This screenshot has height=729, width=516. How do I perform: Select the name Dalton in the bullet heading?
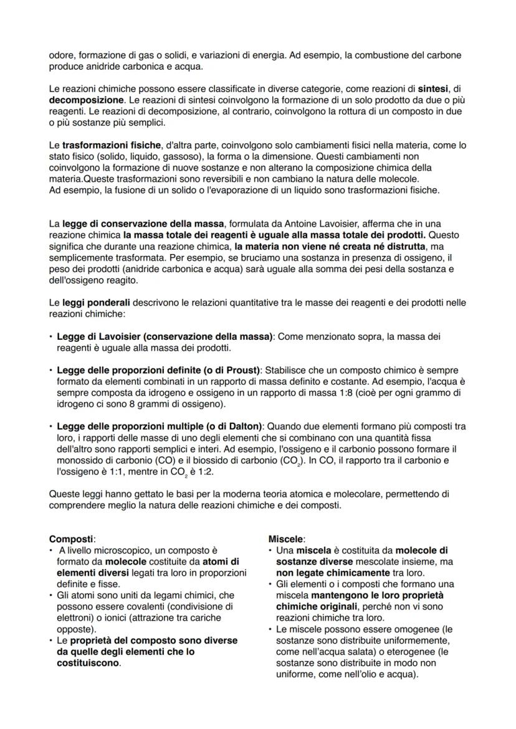coord(244,426)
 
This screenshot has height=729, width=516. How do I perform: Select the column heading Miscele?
coord(286,539)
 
